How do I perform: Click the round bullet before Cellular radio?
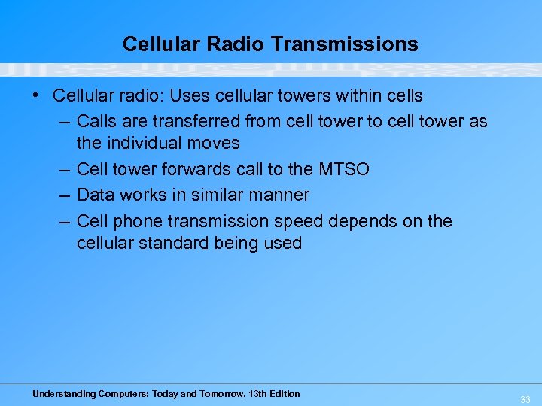35,95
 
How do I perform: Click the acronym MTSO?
343,169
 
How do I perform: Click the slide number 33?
525,400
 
